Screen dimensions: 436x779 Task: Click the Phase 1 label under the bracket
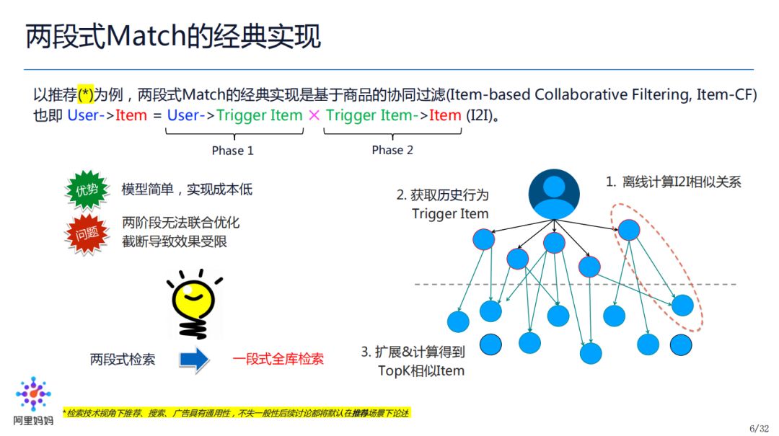coord(232,151)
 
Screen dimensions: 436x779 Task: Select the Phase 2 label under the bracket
coord(392,150)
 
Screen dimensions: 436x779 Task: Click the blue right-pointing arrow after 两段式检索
coord(194,359)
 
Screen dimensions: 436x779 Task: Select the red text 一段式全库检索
coord(278,359)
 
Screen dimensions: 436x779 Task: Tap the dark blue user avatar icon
coord(554,194)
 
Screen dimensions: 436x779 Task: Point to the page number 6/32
coord(759,428)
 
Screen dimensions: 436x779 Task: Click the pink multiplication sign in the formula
coord(314,115)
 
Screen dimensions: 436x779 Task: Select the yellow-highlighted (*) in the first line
coord(86,95)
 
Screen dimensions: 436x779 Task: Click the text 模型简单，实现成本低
coord(187,190)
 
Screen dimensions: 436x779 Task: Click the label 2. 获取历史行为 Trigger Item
coord(443,204)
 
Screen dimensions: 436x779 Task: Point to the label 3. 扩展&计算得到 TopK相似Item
coord(413,361)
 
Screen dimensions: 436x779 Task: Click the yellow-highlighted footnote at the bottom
coord(236,413)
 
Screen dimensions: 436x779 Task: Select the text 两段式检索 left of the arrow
coord(123,359)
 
